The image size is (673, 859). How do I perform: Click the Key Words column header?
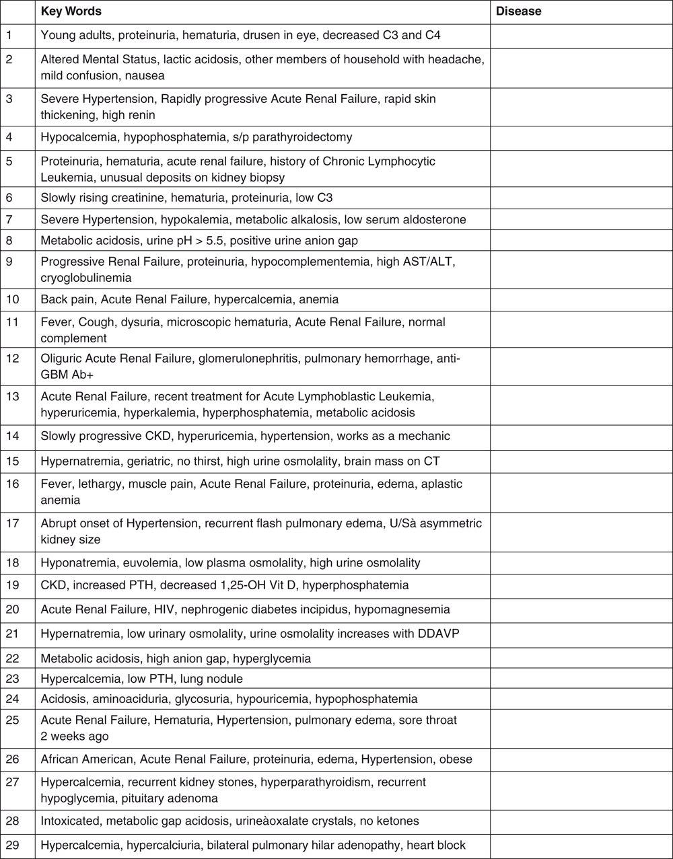(x=71, y=11)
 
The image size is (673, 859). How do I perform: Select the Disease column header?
(x=518, y=11)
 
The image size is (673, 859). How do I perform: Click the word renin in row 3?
(x=139, y=115)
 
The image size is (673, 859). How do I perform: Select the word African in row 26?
(x=61, y=759)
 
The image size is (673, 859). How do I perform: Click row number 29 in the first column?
(x=11, y=846)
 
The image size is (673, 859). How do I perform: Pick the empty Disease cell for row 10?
(x=581, y=299)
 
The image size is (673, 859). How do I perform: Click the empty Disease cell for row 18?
(x=581, y=562)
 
